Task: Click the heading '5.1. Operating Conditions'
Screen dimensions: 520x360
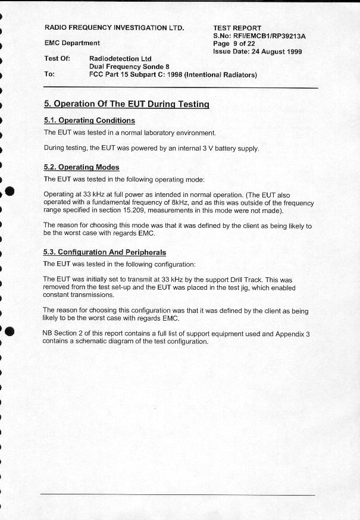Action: coord(89,121)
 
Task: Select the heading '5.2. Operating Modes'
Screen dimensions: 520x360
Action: coord(82,167)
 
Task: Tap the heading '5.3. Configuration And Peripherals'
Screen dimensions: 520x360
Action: coord(105,252)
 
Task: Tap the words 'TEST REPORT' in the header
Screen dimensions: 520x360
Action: coord(237,28)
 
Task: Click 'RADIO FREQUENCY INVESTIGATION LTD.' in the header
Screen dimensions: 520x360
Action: coord(114,28)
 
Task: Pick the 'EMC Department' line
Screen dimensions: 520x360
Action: coord(72,43)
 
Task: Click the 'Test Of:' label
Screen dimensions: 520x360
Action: coord(57,59)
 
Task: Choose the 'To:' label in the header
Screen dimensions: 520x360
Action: coord(49,75)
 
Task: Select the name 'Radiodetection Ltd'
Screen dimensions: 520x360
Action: coord(120,59)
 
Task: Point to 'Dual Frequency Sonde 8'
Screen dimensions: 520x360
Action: coord(129,67)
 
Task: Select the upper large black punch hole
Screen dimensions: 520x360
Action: coord(9,192)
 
